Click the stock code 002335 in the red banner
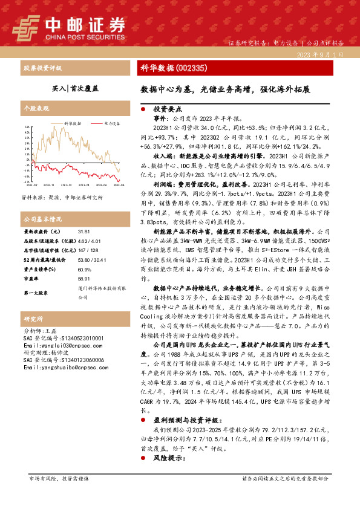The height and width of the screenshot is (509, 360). coord(194,68)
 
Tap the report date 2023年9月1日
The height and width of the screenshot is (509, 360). coord(321,54)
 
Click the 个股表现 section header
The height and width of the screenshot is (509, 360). coord(34,108)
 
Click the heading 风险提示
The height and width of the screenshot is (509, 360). coord(168,459)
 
